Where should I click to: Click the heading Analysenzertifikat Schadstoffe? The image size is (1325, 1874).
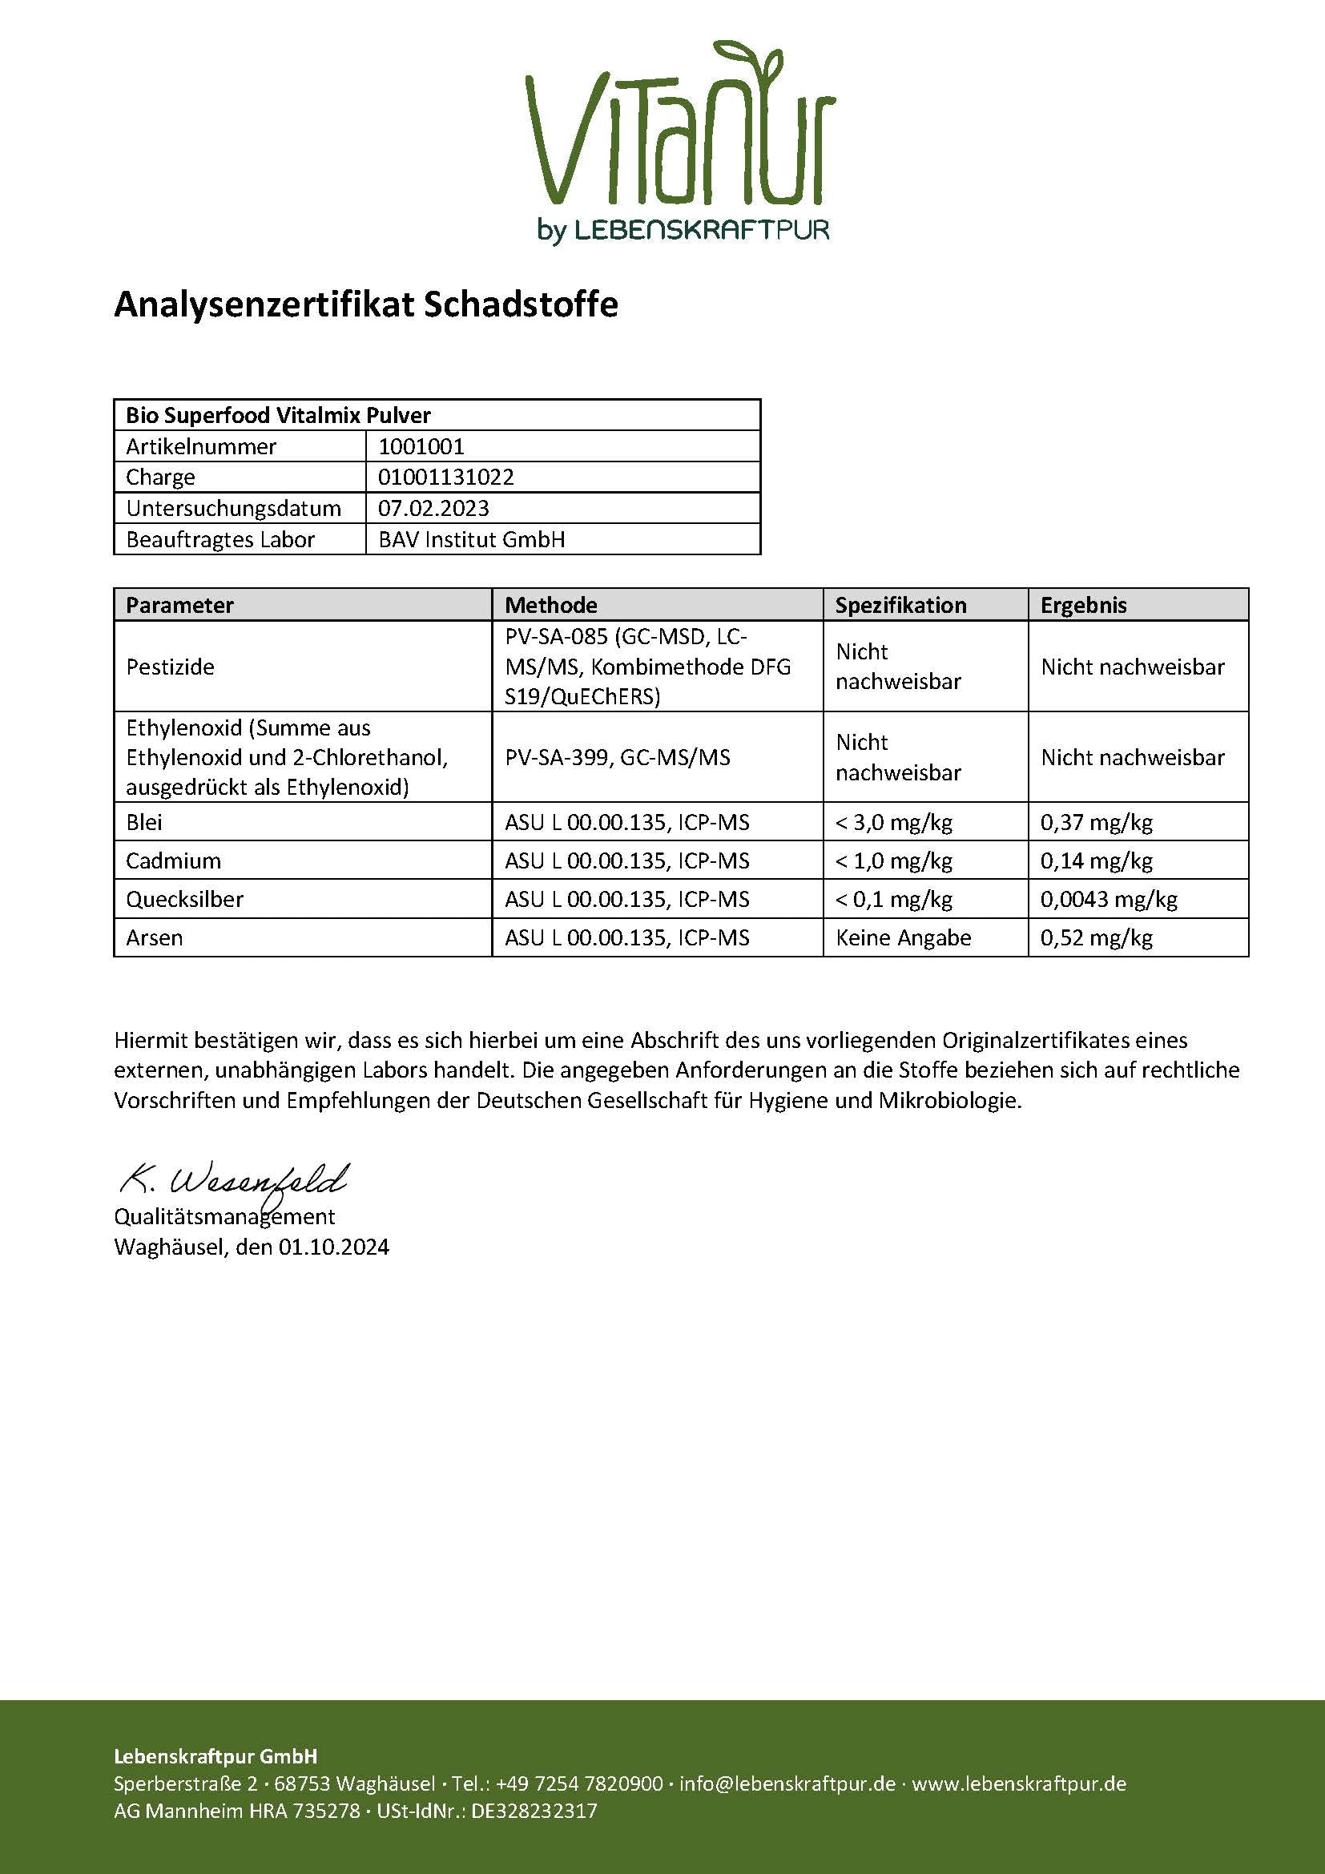[x=365, y=304]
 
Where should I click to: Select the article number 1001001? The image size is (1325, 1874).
[x=421, y=446]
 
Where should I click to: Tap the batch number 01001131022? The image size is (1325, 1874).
[x=445, y=477]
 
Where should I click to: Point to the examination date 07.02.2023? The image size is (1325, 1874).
[x=433, y=508]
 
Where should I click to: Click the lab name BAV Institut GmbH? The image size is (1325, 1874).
[x=472, y=539]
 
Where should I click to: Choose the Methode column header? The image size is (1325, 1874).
[x=550, y=605]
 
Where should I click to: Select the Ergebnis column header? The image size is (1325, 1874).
[x=1084, y=605]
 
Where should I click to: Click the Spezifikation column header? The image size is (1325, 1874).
[x=900, y=605]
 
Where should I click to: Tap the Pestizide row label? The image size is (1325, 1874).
[x=170, y=667]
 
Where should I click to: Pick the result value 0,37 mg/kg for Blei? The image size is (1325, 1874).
[x=1096, y=822]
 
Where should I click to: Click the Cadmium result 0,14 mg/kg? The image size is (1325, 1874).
[x=1096, y=860]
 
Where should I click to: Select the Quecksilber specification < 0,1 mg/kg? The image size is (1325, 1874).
[x=893, y=899]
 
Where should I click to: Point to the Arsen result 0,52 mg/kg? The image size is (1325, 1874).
[x=1096, y=937]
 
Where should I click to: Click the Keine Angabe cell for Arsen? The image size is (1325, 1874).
[x=903, y=937]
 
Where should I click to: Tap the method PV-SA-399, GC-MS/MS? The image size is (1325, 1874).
[x=618, y=757]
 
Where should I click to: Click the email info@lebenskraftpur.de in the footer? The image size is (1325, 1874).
[x=787, y=1783]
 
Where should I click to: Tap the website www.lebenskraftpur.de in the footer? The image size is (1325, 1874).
[x=1018, y=1783]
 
